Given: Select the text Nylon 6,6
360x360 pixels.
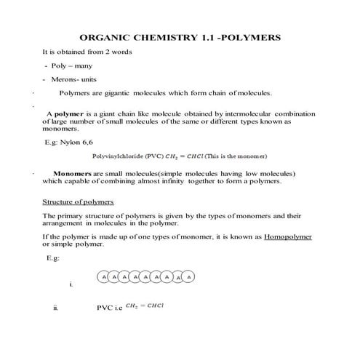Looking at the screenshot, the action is (79, 143).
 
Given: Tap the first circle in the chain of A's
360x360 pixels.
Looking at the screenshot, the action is (104, 277).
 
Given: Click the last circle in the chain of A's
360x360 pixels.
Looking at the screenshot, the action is (189, 277).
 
